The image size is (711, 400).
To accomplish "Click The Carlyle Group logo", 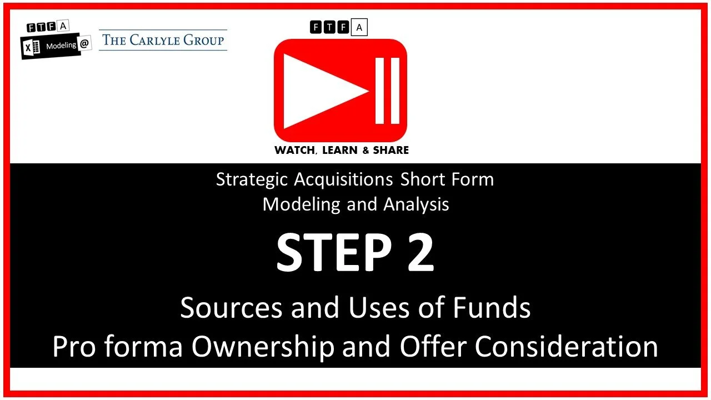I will (163, 40).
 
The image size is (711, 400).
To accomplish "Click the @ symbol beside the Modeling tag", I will (84, 45).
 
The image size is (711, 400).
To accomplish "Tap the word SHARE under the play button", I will (390, 150).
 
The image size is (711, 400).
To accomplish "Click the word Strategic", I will (252, 179).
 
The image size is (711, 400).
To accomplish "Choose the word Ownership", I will (263, 347).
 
